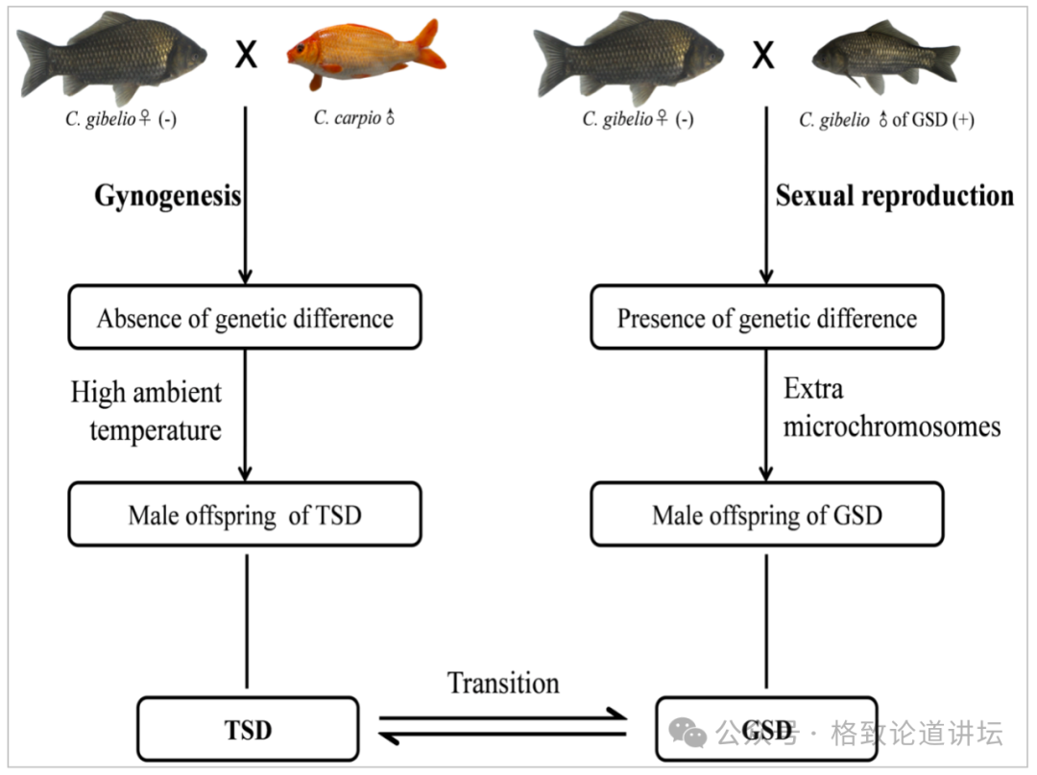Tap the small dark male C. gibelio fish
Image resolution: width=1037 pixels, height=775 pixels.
click(883, 58)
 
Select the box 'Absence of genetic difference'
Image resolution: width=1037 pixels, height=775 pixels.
click(245, 317)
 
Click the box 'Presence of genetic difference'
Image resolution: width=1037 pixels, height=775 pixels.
click(766, 317)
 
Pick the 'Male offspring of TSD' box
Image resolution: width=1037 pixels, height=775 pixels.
click(245, 515)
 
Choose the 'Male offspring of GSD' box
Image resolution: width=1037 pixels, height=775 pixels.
click(766, 515)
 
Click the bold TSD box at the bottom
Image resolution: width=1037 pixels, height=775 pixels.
click(248, 730)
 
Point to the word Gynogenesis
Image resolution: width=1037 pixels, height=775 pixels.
click(168, 196)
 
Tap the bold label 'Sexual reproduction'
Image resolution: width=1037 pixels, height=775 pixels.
click(894, 196)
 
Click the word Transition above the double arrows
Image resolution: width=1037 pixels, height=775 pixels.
click(503, 683)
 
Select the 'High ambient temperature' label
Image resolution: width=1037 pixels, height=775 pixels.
click(147, 410)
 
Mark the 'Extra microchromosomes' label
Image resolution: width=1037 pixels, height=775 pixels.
click(891, 407)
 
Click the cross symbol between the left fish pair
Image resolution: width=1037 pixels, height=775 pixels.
click(247, 56)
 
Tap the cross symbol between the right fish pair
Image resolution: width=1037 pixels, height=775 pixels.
click(762, 56)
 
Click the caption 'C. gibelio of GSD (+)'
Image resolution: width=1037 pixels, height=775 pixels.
click(885, 120)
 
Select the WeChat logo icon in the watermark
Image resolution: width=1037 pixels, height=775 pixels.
click(688, 734)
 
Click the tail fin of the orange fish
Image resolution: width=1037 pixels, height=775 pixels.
click(429, 43)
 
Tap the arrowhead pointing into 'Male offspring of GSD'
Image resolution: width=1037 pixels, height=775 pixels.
click(766, 473)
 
